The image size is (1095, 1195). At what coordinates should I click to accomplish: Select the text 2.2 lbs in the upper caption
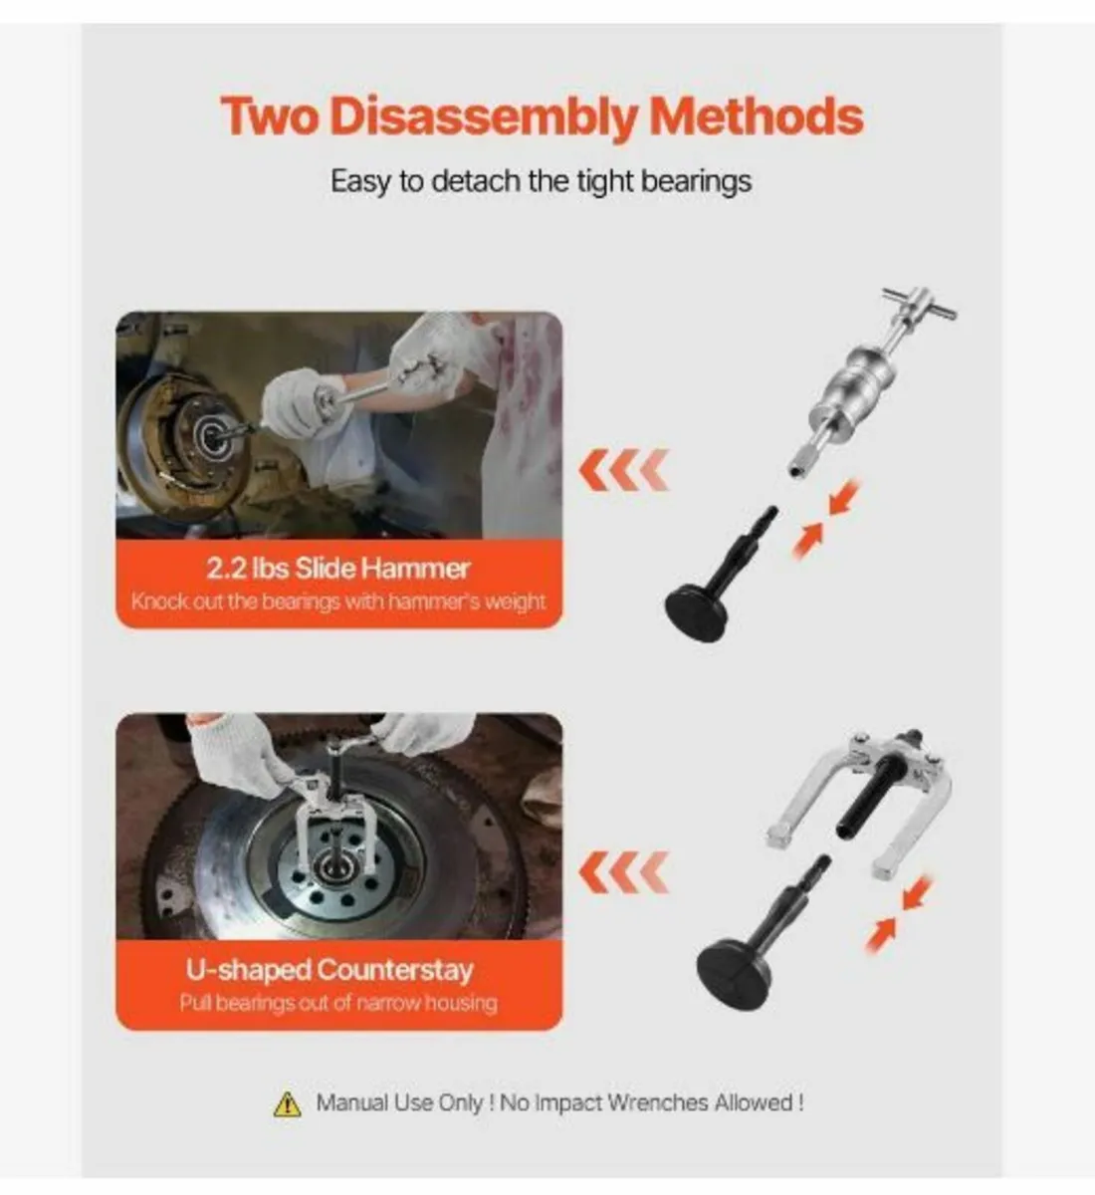[x=248, y=569]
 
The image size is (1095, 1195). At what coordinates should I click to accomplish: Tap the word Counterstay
[x=395, y=969]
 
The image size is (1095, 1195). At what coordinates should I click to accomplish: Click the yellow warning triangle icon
[x=287, y=1104]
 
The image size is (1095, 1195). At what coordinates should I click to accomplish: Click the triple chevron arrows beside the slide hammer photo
[x=623, y=470]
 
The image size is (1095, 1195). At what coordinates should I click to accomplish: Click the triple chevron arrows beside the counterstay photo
[x=623, y=872]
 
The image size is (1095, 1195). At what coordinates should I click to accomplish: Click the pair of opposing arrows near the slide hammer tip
[x=825, y=518]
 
